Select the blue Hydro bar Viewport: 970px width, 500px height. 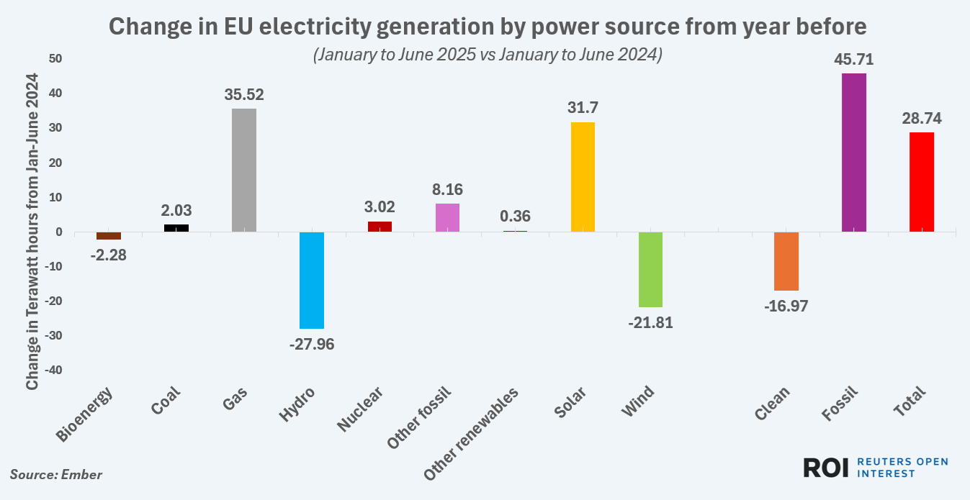(312, 280)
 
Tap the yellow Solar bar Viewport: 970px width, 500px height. (583, 177)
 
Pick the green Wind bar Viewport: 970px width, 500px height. (650, 269)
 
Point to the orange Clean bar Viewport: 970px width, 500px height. (786, 261)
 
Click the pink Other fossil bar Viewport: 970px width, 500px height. (447, 217)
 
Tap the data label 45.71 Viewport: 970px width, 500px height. (854, 60)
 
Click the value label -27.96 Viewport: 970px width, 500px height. (312, 344)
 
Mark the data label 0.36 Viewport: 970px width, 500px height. (515, 216)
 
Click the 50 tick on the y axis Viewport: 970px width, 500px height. (55, 58)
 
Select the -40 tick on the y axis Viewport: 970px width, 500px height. (53, 371)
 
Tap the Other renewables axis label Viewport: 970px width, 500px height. (471, 435)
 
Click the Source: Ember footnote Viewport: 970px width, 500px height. (55, 475)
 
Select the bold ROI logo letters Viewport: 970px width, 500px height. (827, 467)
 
